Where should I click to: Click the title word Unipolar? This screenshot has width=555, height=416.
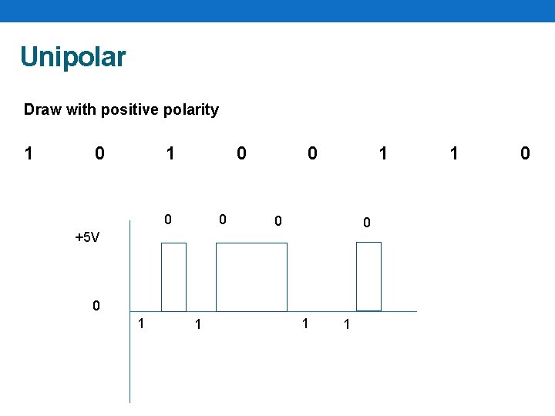72,57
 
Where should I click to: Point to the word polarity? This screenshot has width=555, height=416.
190,109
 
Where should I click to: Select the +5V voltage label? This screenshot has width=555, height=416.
87,237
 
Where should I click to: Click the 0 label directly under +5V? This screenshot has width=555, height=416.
96,306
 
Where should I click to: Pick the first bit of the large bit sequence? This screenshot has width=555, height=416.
29,153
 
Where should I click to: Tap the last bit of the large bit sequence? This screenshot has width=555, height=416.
525,153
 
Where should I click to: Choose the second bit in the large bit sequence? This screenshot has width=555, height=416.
99,153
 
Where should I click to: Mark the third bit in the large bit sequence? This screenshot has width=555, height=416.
170,153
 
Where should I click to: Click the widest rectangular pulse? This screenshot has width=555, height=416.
251,277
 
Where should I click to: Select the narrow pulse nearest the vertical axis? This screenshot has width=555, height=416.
173,277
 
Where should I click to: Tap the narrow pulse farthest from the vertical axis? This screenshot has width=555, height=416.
369,277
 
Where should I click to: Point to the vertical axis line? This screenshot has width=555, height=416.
130,354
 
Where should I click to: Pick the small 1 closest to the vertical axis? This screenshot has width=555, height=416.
140,322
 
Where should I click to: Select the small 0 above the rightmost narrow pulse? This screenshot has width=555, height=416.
367,223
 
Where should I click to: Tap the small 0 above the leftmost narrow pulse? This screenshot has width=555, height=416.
169,220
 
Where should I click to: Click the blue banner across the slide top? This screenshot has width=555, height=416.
277,10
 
